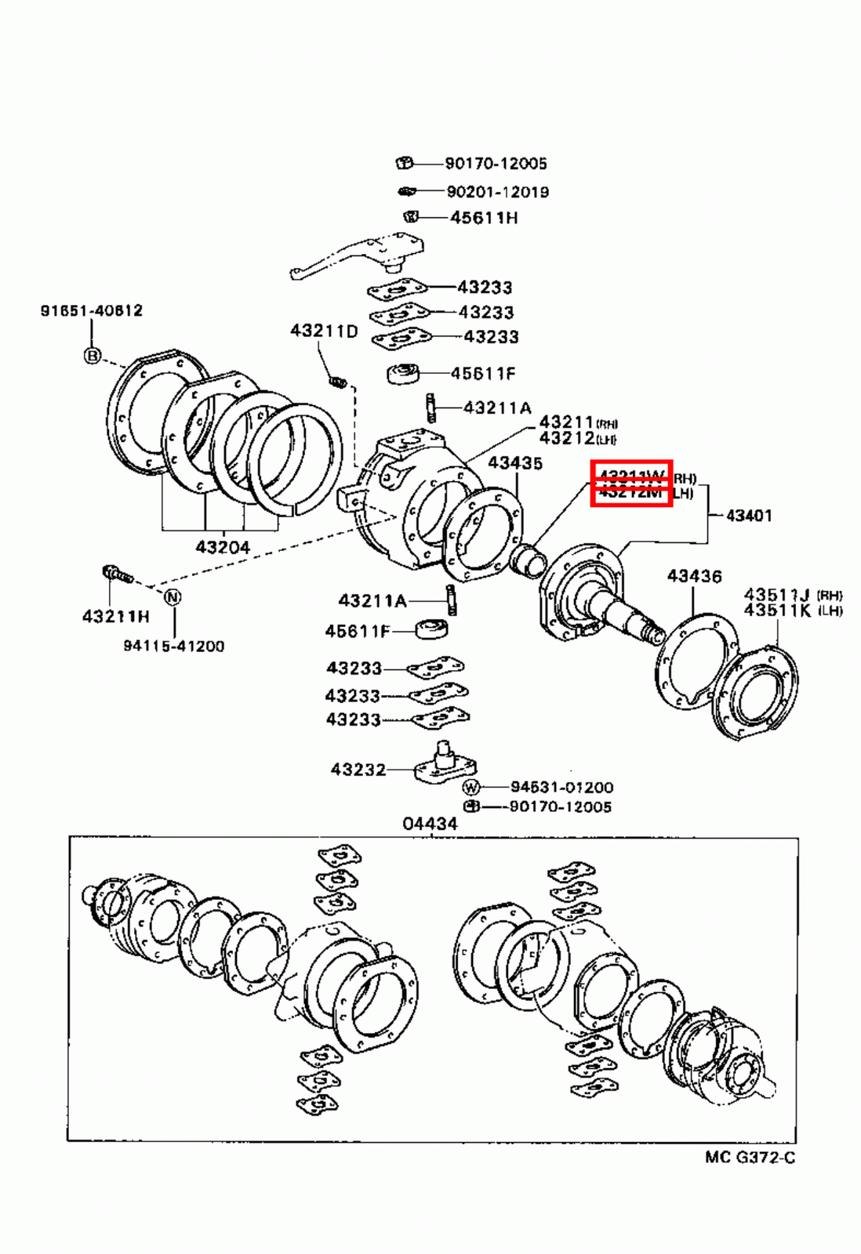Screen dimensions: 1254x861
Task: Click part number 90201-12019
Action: click(497, 192)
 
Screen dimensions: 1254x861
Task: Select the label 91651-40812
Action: click(92, 310)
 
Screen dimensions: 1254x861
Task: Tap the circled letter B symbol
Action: click(93, 356)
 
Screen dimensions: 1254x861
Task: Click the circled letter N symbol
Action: click(173, 597)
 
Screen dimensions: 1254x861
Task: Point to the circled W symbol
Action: click(470, 787)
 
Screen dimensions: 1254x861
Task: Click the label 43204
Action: click(223, 547)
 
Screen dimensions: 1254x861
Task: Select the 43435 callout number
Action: click(515, 463)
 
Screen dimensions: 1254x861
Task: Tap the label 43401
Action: click(749, 516)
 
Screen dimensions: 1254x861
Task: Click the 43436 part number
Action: click(694, 577)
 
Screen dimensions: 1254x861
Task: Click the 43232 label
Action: click(358, 770)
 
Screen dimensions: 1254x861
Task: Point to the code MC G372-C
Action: click(750, 1158)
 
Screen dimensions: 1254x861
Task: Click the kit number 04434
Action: click(430, 824)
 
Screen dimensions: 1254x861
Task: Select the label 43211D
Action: click(324, 331)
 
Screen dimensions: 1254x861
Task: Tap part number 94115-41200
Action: click(173, 647)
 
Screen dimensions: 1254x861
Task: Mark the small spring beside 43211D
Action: click(337, 382)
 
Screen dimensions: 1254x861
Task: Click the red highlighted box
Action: click(631, 484)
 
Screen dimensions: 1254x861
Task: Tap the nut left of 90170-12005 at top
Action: click(404, 163)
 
